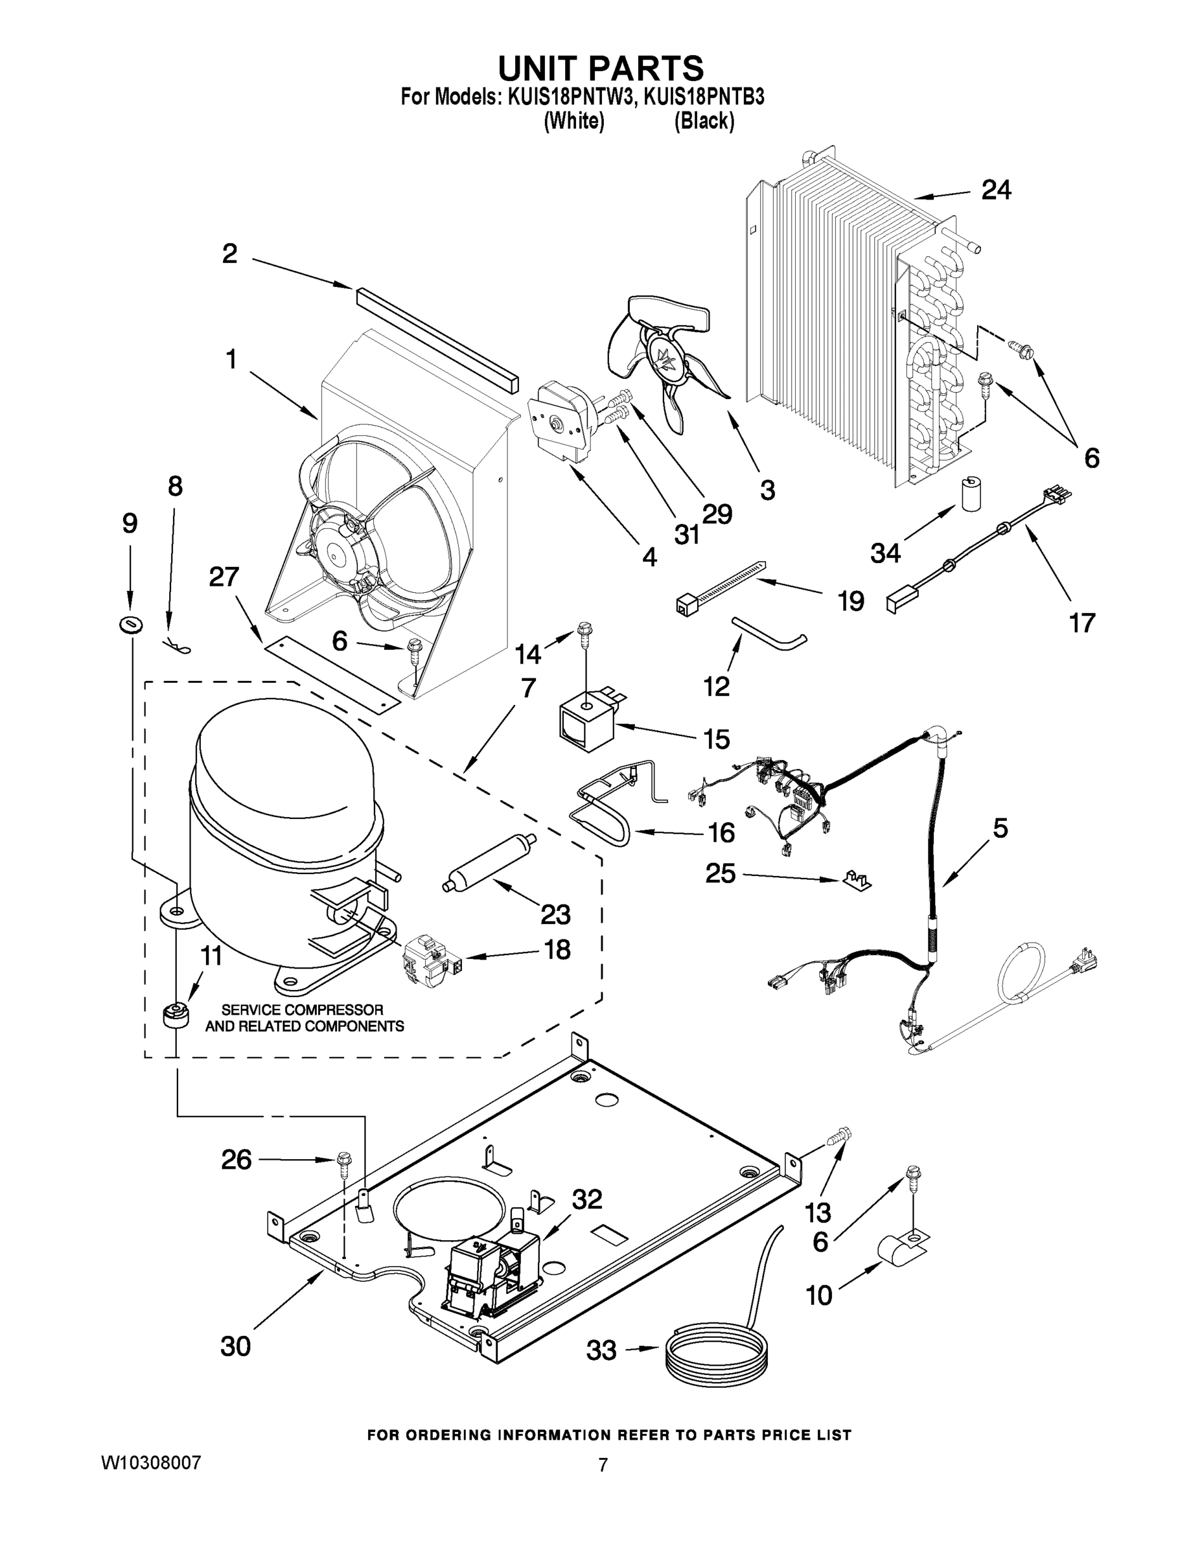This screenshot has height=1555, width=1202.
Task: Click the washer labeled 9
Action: pyautogui.click(x=130, y=625)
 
